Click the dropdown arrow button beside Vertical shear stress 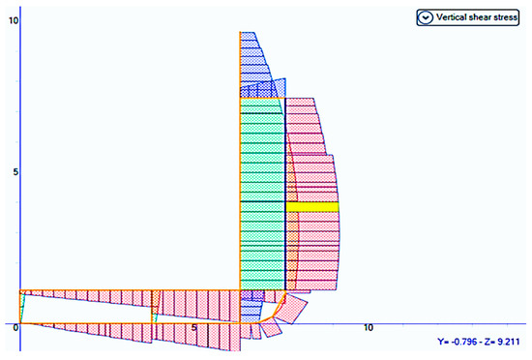(425, 17)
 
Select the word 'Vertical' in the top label (452, 17)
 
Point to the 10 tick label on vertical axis (14, 20)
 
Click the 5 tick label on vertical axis (15, 172)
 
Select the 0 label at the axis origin (15, 328)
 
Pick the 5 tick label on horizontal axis (193, 328)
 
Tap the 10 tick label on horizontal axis (369, 328)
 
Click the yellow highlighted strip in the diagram (312, 207)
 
